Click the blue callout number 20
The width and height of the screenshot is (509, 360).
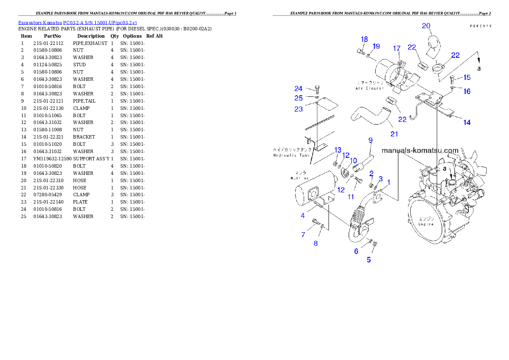pyautogui.click(x=426, y=26)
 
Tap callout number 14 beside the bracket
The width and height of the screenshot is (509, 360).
pyautogui.click(x=467, y=123)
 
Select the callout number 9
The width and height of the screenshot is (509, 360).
pyautogui.click(x=370, y=140)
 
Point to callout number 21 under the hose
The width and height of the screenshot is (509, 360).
pyautogui.click(x=394, y=134)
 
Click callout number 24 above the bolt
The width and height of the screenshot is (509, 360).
pyautogui.click(x=299, y=89)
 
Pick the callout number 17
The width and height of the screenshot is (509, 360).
pyautogui.click(x=397, y=48)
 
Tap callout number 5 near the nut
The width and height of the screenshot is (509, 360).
pyautogui.click(x=369, y=259)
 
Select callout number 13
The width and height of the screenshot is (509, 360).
pyautogui.click(x=338, y=150)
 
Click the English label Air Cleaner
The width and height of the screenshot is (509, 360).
pyautogui.click(x=370, y=89)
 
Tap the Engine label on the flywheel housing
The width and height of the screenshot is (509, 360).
pyautogui.click(x=426, y=224)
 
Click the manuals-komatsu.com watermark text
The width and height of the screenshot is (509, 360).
pyautogui.click(x=420, y=150)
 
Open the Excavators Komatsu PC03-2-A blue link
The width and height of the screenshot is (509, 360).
pyautogui.click(x=77, y=22)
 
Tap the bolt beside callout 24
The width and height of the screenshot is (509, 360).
pyautogui.click(x=317, y=89)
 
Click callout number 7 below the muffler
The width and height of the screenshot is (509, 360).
pyautogui.click(x=303, y=235)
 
